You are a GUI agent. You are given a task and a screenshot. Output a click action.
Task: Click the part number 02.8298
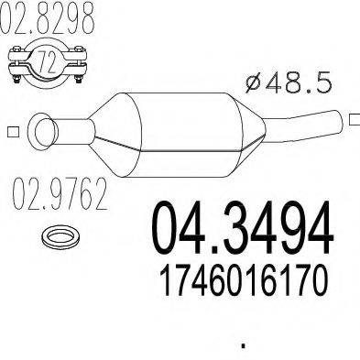click(50, 20)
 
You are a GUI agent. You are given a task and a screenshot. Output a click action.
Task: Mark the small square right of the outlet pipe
click(354, 116)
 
